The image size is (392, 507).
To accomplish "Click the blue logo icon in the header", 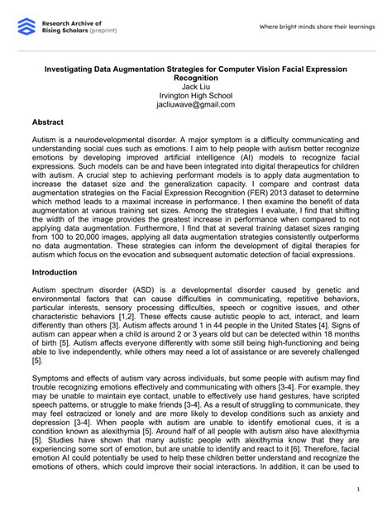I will pos(27,28).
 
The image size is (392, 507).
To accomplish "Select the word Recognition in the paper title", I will pos(195,76).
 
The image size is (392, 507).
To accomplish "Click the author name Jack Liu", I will pos(195,85).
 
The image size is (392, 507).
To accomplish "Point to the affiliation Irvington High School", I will pos(195,95).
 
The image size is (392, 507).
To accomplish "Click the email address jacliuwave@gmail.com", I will pos(195,105).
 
